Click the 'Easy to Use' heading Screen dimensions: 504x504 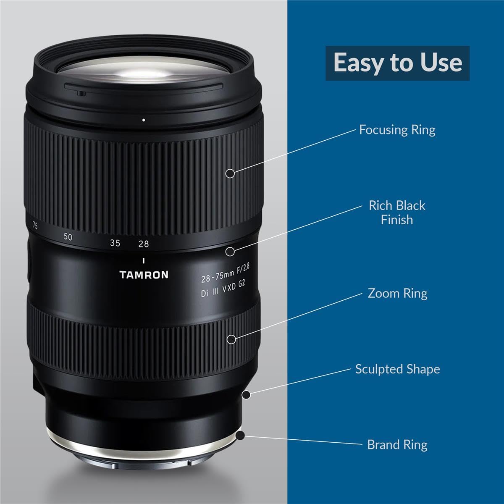coord(397,63)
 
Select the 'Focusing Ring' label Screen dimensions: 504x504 coord(397,130)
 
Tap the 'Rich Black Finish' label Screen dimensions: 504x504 coord(397,213)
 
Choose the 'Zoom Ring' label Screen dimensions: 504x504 coord(397,293)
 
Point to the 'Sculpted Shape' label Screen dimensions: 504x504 coord(397,369)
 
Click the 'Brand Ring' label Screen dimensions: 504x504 coord(397,445)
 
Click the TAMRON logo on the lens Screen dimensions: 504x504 coord(144,275)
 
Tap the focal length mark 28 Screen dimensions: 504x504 coord(144,244)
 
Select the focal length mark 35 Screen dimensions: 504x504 coord(115,243)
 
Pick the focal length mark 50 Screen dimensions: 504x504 coord(68,237)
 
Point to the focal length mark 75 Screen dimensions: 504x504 coord(35,226)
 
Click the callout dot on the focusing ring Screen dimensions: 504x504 coord(230,173)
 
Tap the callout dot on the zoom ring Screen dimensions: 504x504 coord(231,339)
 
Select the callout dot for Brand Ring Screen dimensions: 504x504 coord(240,436)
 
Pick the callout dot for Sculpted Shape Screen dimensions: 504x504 coord(247,395)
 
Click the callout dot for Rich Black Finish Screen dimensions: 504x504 coord(230,251)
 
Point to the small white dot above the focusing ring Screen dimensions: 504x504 coord(144,120)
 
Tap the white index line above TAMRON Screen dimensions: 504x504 coord(144,260)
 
